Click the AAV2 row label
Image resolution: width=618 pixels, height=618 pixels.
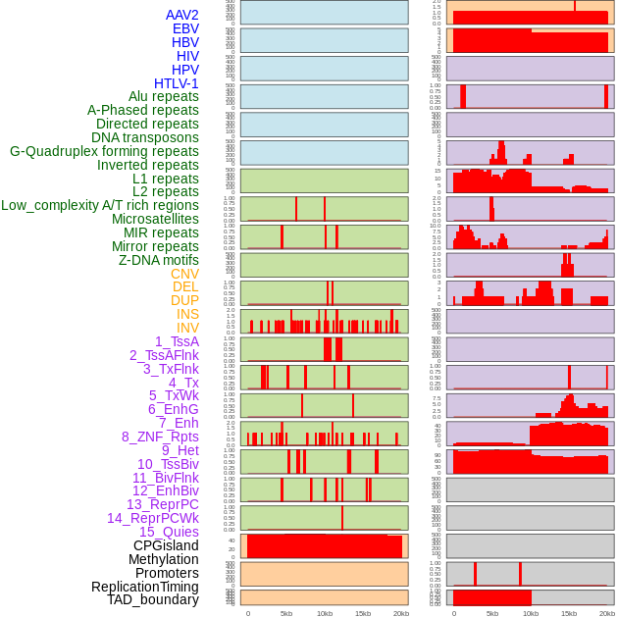click(182, 16)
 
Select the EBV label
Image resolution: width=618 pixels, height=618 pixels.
click(185, 29)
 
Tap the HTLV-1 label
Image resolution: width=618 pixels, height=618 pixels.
click(177, 83)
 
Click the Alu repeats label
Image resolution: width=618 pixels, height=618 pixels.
click(164, 97)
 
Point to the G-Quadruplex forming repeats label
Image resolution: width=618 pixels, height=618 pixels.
click(104, 151)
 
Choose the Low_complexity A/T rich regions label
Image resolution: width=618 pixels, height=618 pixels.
click(100, 205)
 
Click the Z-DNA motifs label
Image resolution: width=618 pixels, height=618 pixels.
click(159, 260)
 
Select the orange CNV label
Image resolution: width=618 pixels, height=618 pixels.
click(184, 274)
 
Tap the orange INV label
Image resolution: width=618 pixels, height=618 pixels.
click(187, 328)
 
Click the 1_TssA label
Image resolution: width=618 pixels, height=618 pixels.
click(177, 341)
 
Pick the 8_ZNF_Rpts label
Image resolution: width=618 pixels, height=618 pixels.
click(160, 437)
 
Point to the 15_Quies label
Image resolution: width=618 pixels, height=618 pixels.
click(169, 532)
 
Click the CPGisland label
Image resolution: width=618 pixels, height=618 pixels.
click(166, 545)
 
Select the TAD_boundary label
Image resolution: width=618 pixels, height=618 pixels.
click(153, 599)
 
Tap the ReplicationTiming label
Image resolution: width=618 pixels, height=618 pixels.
click(145, 587)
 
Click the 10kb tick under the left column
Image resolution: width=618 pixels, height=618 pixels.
click(325, 613)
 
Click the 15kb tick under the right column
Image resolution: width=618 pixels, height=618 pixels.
click(569, 613)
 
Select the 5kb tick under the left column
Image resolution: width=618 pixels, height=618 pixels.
click(286, 613)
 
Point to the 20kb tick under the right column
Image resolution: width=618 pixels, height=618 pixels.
click(606, 613)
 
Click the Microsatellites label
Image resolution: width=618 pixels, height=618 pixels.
click(155, 219)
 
